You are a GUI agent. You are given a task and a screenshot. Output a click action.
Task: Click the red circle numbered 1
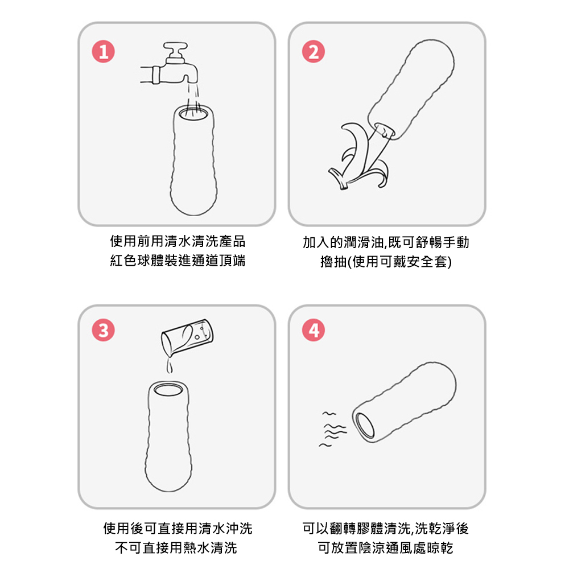(104, 52)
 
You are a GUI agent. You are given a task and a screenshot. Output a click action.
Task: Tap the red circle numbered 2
(314, 52)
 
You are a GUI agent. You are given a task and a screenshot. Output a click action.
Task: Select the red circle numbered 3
(104, 330)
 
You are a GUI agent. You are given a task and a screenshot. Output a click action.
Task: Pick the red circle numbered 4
(314, 330)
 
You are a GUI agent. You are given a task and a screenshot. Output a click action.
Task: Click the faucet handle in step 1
(175, 51)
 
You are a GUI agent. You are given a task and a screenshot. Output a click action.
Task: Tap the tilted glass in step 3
(187, 337)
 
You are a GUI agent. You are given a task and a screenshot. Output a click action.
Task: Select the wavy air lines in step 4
(333, 429)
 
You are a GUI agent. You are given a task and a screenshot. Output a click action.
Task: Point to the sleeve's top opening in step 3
(168, 390)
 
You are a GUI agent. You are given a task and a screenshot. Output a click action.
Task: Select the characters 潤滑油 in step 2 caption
(364, 242)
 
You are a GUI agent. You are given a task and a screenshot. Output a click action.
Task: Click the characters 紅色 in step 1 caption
(123, 261)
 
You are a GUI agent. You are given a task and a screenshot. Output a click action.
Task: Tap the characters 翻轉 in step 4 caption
(343, 529)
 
